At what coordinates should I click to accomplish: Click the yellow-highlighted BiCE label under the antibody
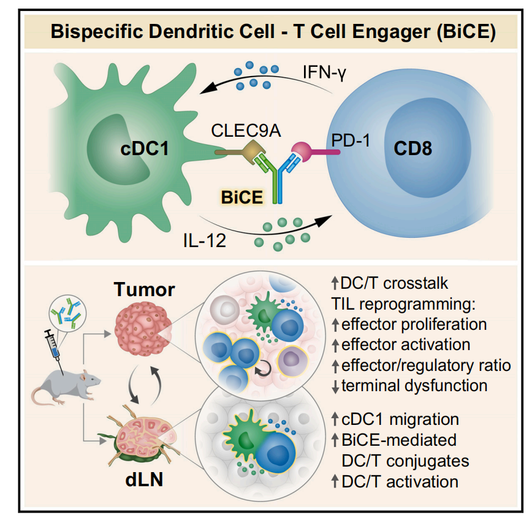coord(242,197)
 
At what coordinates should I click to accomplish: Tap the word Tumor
coord(143,289)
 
